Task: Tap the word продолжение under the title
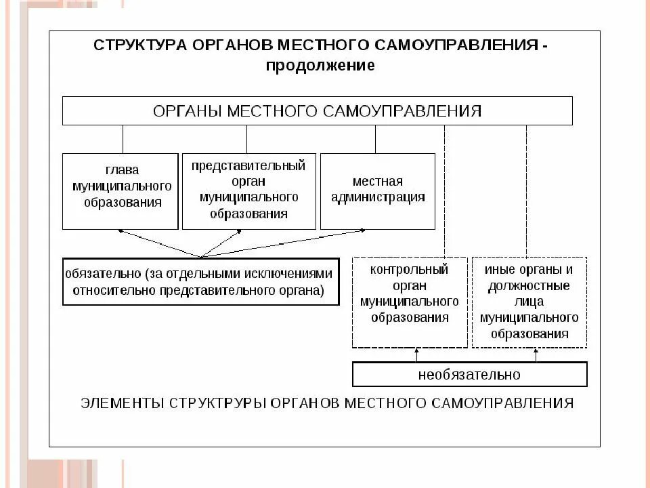pos(320,66)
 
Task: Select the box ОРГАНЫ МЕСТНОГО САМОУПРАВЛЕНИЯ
pos(317,111)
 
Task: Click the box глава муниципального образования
pos(122,191)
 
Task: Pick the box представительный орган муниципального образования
pos(248,191)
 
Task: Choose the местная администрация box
pos(377,191)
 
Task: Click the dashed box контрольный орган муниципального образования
pos(410,302)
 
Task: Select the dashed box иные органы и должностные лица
pos(529,302)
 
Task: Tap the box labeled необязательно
pos(469,374)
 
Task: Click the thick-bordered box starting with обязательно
pos(200,282)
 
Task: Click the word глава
pos(122,171)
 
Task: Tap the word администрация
pos(377,197)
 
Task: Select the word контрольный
pos(410,269)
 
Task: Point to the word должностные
pos(529,285)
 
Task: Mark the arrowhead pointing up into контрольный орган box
pos(417,351)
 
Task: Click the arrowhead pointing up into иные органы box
pos(536,351)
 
